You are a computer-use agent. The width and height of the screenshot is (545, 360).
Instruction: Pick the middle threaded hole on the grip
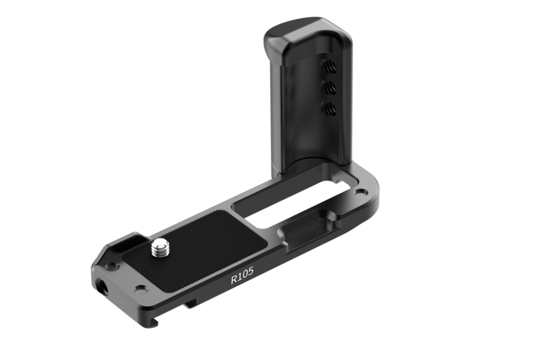330,86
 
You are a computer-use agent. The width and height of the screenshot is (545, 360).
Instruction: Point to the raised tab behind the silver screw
134,240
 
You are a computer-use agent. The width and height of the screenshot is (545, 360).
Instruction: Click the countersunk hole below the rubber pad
141,289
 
